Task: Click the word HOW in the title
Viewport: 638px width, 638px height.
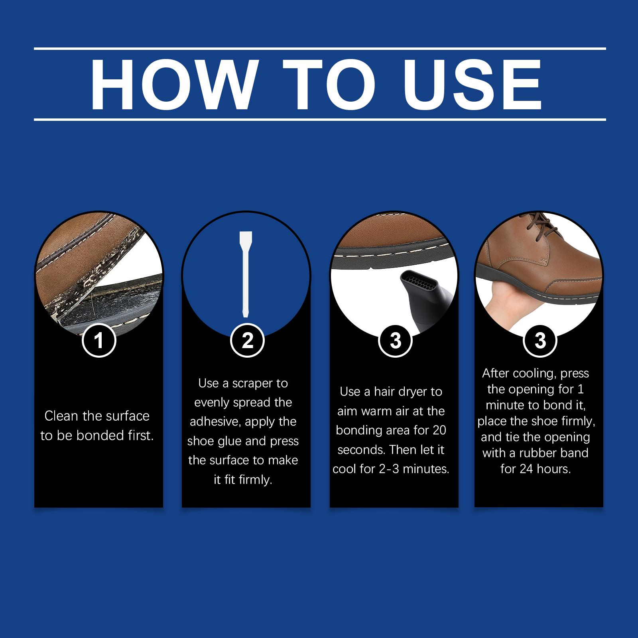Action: pos(173,85)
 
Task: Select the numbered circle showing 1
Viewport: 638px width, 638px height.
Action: pos(99,340)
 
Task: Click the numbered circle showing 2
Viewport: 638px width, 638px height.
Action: pos(247,340)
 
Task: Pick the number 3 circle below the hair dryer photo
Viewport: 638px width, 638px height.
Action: pos(395,340)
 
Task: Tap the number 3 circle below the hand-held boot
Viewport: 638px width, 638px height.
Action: pos(540,340)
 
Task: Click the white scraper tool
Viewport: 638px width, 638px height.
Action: pos(244,274)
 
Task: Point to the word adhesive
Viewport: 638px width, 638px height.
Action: pos(213,421)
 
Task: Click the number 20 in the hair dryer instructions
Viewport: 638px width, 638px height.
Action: pos(439,430)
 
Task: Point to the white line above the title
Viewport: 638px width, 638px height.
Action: pos(320,49)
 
